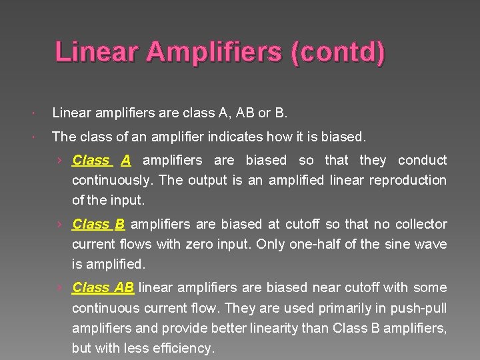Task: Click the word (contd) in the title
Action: [337, 52]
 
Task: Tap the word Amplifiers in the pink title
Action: [216, 52]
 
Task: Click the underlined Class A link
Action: [101, 160]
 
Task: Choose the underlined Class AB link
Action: [103, 287]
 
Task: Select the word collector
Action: [421, 224]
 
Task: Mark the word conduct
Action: [422, 160]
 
